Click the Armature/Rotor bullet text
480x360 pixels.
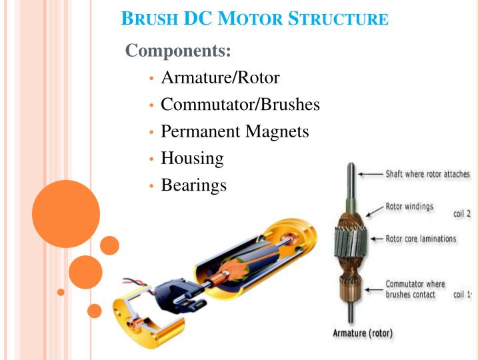220,78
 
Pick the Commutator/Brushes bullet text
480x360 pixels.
240,105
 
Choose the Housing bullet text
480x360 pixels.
192,158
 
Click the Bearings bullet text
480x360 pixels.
193,185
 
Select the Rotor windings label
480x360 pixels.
409,206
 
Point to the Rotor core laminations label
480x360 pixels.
421,238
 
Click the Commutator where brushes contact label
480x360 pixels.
415,289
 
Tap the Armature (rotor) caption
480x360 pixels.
363,333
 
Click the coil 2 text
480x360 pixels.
462,214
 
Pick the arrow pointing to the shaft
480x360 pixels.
370,174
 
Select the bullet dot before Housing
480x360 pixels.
152,159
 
